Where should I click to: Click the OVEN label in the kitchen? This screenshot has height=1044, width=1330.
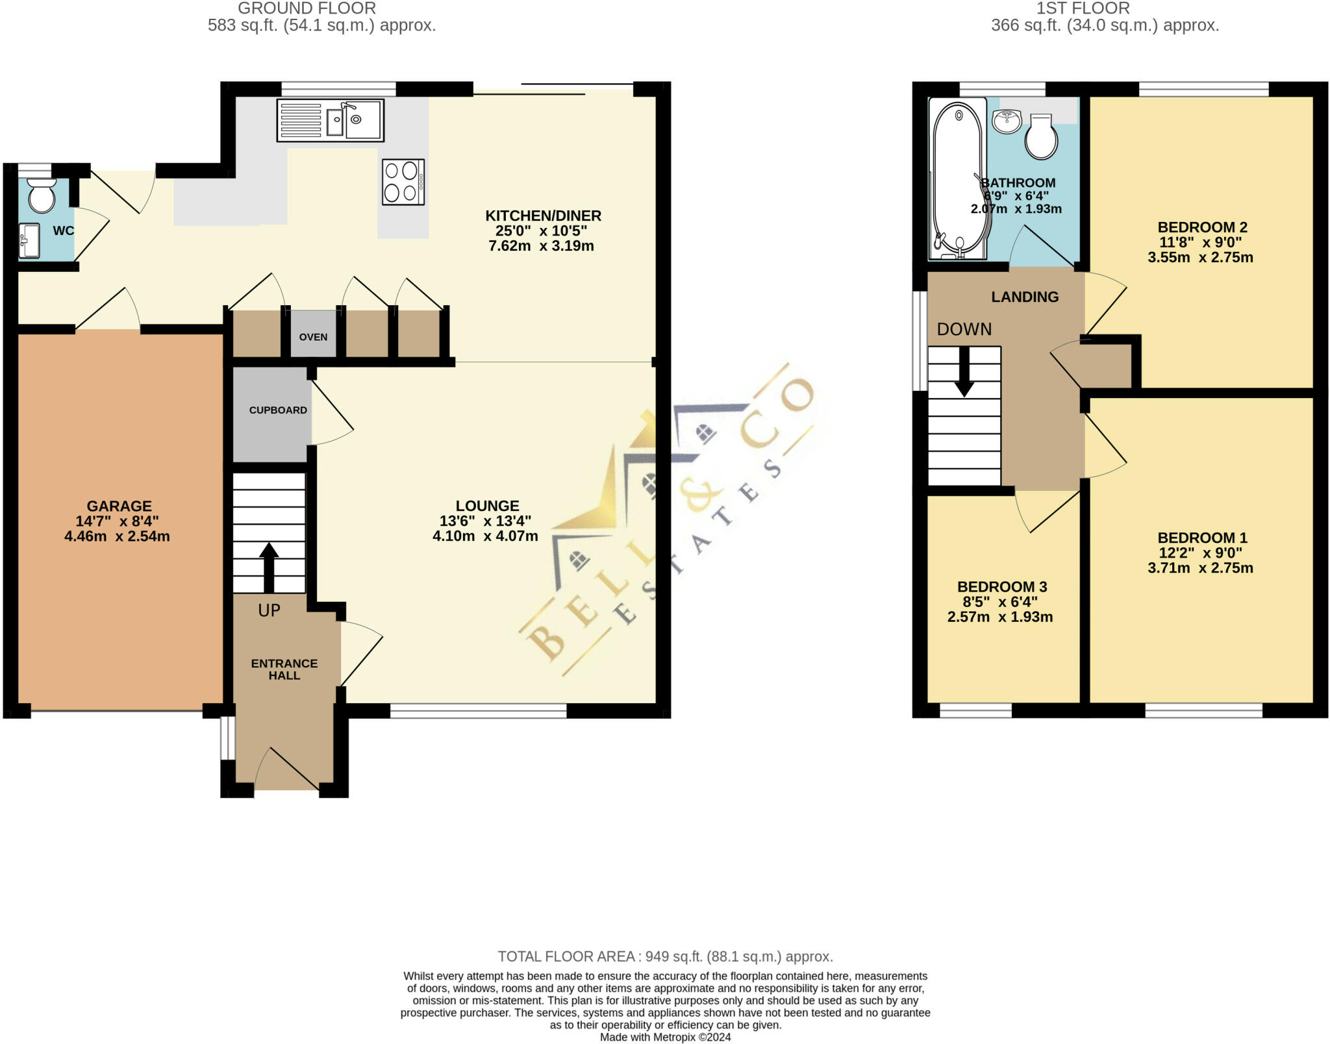[313, 337]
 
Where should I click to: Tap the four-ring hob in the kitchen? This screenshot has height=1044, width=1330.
[403, 182]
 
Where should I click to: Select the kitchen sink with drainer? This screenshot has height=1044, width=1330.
[331, 120]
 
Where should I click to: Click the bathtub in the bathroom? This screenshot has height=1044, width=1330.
[959, 178]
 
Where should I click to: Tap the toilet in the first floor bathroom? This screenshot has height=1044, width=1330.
[1041, 137]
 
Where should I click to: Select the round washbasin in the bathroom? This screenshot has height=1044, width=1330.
[1007, 121]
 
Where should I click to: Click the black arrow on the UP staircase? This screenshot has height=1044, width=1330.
[269, 567]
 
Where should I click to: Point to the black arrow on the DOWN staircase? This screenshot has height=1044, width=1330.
[964, 371]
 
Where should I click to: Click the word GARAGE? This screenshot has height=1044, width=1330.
[119, 506]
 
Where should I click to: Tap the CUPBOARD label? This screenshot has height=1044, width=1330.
[278, 410]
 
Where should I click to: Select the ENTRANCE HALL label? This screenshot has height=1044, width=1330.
[284, 669]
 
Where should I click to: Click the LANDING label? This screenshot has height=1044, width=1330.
[1025, 297]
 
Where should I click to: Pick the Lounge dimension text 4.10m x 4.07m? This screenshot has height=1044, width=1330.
[485, 536]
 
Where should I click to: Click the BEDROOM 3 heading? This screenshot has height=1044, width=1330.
[1002, 587]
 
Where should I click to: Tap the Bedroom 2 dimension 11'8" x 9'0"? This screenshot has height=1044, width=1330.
[1201, 242]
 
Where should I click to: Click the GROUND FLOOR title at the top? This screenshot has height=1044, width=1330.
[307, 8]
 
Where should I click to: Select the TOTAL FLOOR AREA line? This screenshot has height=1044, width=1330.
[665, 956]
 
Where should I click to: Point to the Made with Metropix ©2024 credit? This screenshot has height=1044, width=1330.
[665, 1037]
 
